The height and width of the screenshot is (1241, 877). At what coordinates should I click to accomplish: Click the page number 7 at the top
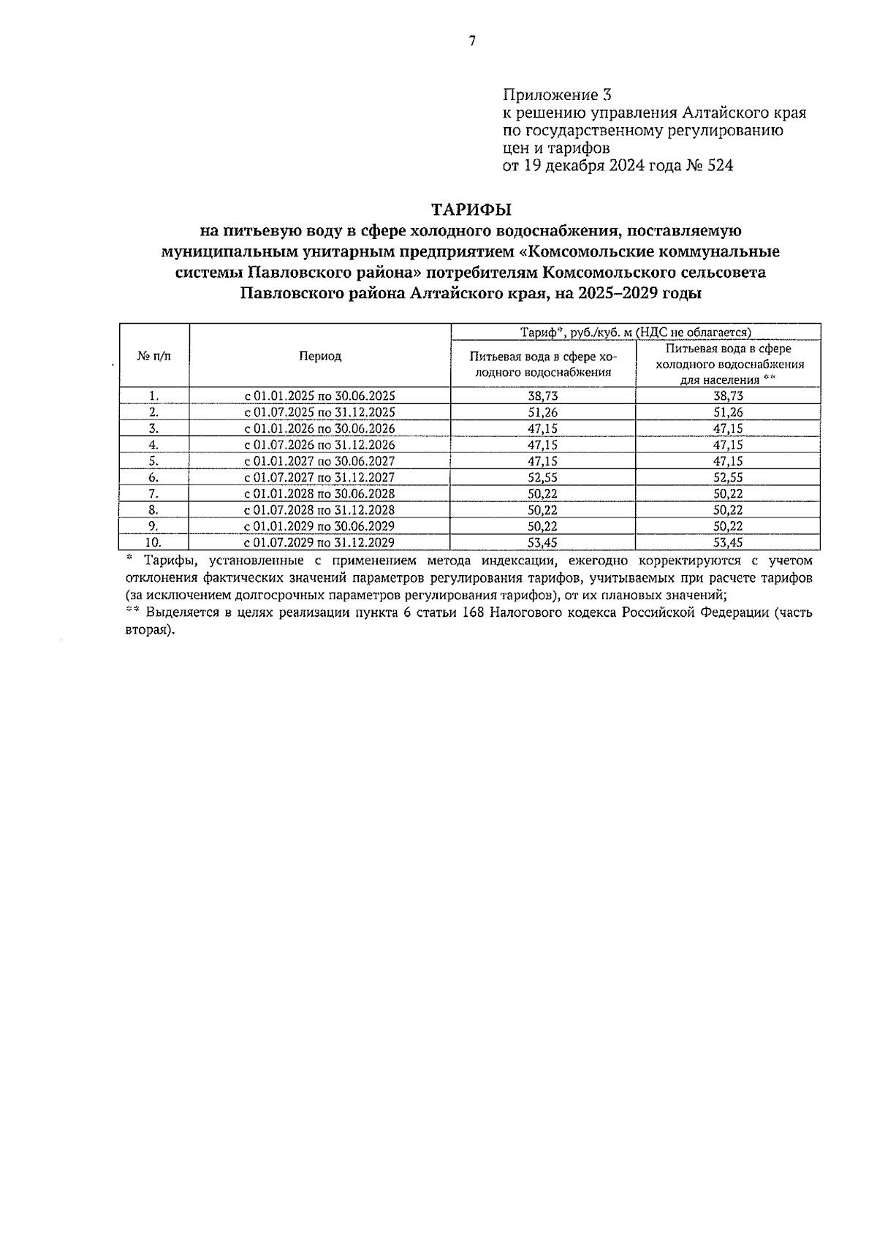[x=472, y=42]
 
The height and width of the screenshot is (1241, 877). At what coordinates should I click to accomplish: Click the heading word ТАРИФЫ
[x=471, y=210]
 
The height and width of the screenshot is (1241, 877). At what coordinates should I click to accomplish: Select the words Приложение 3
[x=556, y=95]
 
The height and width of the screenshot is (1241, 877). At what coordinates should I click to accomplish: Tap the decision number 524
[x=720, y=166]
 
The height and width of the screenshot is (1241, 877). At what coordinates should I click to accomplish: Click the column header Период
[x=320, y=356]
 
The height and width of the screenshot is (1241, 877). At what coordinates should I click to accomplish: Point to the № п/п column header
[x=153, y=356]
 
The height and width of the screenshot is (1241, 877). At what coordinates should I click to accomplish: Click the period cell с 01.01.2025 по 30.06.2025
[x=320, y=396]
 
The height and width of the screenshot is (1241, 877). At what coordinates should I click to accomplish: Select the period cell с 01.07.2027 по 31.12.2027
[x=320, y=477]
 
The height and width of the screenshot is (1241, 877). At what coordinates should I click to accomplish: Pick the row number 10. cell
[x=153, y=542]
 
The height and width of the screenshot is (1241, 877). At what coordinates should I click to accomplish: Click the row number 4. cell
[x=153, y=445]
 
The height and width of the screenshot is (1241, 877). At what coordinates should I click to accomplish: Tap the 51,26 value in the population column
[x=728, y=412]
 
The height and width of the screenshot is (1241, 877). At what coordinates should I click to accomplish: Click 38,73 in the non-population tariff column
[x=542, y=396]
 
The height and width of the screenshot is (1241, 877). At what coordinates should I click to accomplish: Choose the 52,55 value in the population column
[x=728, y=477]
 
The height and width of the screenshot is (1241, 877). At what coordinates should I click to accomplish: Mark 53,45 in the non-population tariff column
[x=542, y=542]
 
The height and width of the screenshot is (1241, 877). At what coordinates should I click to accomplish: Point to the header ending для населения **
[x=728, y=380]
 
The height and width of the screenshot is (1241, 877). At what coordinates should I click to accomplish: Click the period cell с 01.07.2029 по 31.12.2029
[x=320, y=542]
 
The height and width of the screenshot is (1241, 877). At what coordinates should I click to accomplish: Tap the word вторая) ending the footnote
[x=150, y=630]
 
